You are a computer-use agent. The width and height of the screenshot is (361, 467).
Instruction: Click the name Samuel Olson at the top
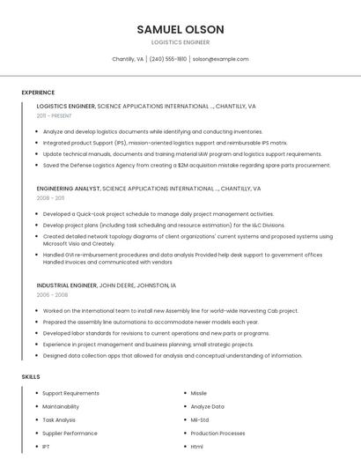click(180, 29)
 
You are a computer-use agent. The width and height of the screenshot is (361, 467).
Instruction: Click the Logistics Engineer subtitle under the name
click(180, 42)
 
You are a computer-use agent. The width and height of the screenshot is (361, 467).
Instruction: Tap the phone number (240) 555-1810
click(168, 59)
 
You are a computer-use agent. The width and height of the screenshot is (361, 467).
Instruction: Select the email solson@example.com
click(220, 59)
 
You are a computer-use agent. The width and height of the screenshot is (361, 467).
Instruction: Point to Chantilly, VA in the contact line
click(128, 59)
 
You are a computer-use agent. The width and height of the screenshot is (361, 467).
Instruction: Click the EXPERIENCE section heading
click(38, 93)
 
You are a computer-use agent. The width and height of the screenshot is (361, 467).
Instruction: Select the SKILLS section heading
click(31, 376)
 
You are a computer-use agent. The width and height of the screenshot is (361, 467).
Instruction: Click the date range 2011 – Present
click(55, 115)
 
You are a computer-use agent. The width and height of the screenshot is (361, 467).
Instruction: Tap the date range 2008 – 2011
click(51, 198)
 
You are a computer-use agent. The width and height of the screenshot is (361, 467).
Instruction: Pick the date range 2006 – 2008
click(52, 295)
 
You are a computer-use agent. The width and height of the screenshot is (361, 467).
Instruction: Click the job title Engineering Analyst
click(69, 189)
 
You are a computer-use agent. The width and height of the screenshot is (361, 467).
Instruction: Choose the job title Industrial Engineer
click(67, 285)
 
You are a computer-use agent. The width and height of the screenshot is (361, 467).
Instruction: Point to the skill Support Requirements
click(70, 393)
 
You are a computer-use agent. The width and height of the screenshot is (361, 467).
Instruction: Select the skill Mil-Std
click(200, 419)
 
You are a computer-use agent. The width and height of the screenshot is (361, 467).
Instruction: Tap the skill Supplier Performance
click(70, 433)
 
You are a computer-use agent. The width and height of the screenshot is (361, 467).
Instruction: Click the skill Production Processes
click(217, 433)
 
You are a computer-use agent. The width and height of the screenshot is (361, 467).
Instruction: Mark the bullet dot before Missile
click(183, 393)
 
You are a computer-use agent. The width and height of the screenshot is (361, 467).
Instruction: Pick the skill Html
click(197, 447)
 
